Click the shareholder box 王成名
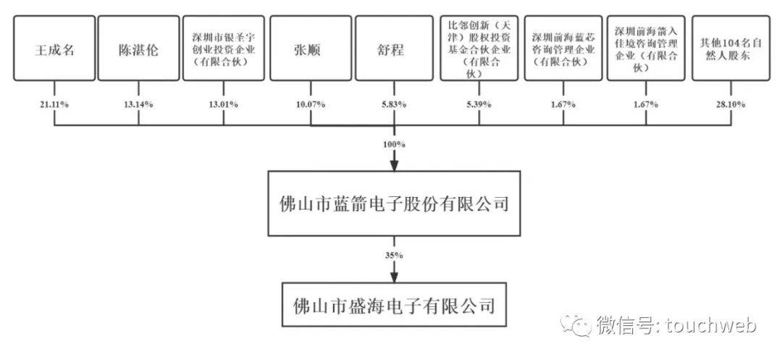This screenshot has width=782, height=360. point(54,50)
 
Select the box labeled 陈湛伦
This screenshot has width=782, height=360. point(139,50)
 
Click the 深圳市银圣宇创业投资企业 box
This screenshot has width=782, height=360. point(224,50)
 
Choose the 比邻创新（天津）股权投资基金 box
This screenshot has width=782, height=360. point(479,50)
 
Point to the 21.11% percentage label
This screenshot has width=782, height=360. point(54,104)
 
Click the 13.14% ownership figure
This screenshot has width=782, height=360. point(139,104)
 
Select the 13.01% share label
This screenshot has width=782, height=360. point(224,104)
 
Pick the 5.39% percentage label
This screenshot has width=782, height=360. point(479,104)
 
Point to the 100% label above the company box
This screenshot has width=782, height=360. point(395,145)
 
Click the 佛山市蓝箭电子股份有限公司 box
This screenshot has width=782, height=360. point(394,204)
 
